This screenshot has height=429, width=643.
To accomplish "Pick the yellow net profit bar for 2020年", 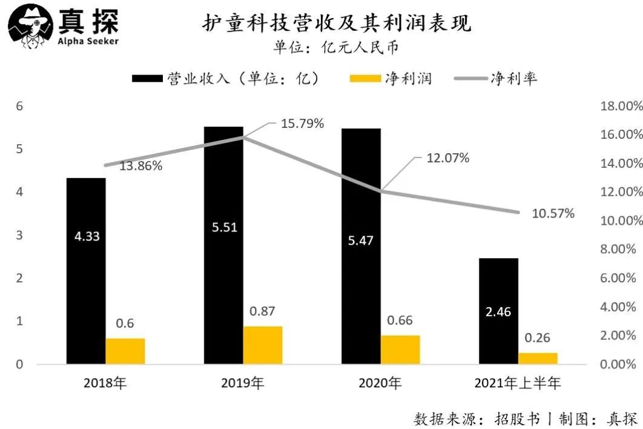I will pos(400,350).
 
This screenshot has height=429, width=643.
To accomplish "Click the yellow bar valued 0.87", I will pos(263,345).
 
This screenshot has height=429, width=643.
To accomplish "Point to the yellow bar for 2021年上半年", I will pos(538,358).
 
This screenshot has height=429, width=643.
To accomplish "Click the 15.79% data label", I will pos(302,124).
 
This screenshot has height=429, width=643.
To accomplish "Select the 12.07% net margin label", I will pos(447,158).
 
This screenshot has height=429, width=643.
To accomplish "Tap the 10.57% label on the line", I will pos(553,213).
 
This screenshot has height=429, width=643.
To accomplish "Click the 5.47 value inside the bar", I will pos(361,241).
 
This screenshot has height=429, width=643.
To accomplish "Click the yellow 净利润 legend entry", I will pos(391,79).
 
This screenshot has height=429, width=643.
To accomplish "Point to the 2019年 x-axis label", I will pos(243,383).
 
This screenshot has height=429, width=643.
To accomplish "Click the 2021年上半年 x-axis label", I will pos(518,383).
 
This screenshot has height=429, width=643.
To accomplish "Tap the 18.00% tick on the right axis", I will pos(621,106).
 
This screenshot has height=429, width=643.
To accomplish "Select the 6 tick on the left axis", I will pos(19,106).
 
